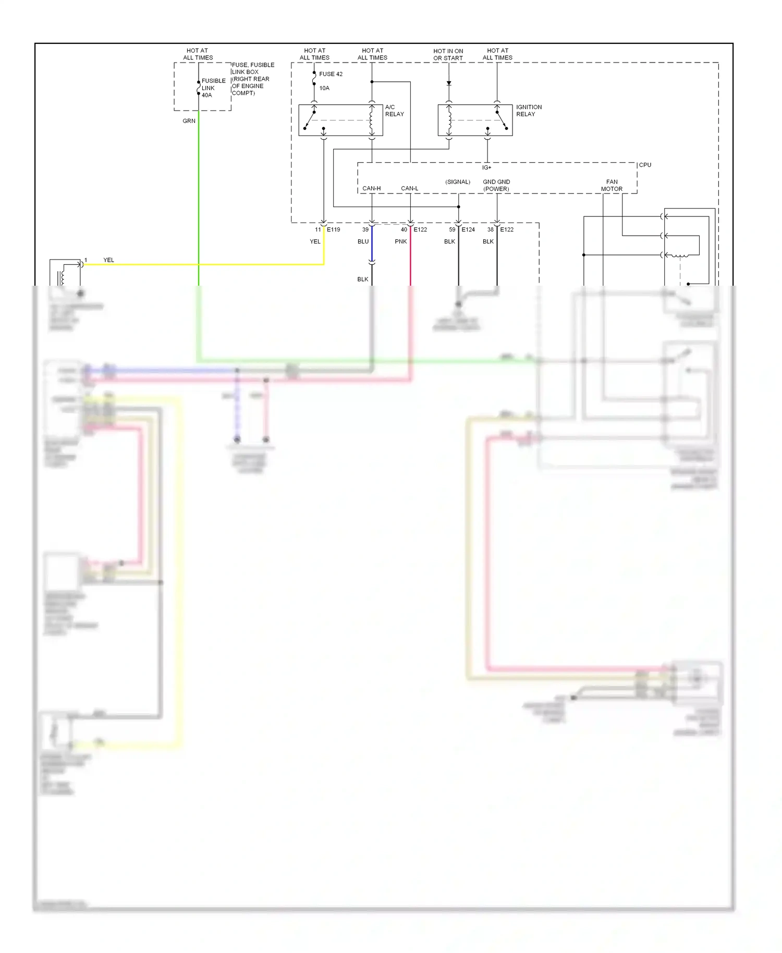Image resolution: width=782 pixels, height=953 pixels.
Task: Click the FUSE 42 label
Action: click(331, 74)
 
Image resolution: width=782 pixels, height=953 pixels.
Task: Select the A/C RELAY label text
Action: click(394, 111)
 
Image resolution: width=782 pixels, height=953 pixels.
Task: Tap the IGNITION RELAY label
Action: click(529, 111)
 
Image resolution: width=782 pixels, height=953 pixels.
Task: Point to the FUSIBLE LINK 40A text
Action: click(213, 88)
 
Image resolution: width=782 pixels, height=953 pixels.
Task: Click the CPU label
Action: click(645, 165)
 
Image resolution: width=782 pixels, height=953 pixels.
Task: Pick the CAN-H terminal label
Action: click(371, 188)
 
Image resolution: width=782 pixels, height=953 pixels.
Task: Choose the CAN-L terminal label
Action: click(409, 188)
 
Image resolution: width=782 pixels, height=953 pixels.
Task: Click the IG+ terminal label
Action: click(486, 168)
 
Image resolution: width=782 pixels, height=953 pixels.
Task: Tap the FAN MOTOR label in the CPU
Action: click(612, 186)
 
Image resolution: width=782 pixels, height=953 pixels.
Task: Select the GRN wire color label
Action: click(189, 121)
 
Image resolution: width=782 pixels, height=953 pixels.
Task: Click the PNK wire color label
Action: click(400, 241)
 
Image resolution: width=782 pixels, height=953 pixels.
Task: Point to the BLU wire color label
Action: click(363, 241)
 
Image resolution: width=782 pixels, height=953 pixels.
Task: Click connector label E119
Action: click(333, 229)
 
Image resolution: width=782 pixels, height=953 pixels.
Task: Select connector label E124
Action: click(468, 229)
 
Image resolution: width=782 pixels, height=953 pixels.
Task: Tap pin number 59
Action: click(452, 229)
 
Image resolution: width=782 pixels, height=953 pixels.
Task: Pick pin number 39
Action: click(365, 229)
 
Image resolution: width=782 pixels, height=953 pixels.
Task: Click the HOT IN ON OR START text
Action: click(448, 55)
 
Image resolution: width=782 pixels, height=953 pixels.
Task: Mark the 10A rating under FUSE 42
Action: click(324, 88)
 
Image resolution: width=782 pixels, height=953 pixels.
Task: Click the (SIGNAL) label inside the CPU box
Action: click(457, 182)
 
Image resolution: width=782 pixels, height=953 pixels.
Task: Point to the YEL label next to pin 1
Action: click(108, 260)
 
